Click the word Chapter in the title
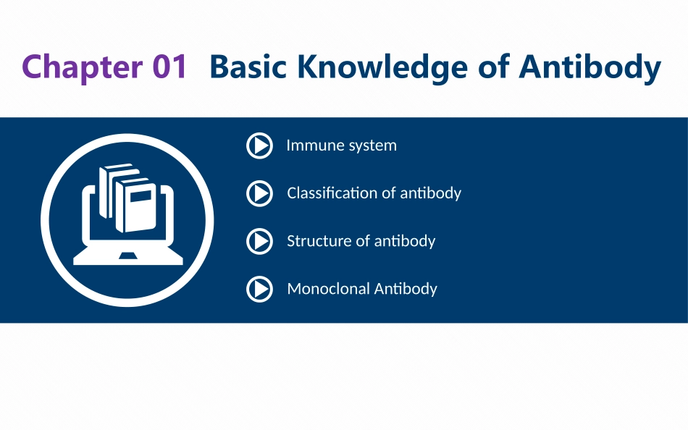point(82,67)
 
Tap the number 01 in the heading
point(170,67)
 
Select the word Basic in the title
point(248,67)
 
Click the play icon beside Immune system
point(259,146)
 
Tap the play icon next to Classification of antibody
point(259,193)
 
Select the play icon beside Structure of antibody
point(259,241)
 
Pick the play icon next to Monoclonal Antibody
point(259,289)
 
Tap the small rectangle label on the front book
point(140,197)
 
